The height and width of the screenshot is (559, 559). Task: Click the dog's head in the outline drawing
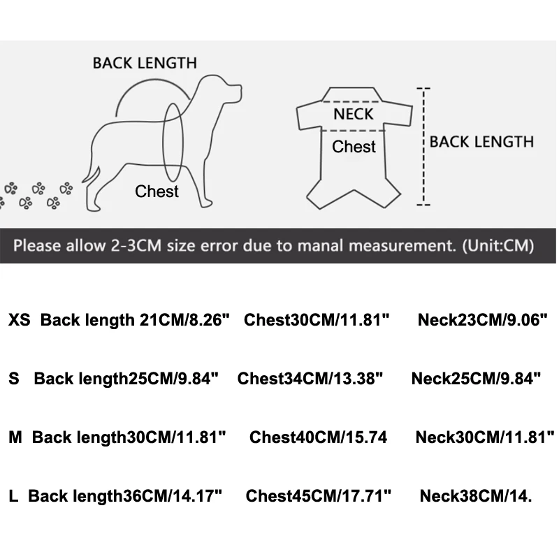(222, 90)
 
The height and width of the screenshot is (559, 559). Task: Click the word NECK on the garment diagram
(353, 114)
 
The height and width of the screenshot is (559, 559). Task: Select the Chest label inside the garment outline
(354, 147)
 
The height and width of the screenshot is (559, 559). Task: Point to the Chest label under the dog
(157, 191)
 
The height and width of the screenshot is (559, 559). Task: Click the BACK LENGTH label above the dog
(145, 63)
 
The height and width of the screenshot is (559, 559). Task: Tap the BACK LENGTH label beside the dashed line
(481, 142)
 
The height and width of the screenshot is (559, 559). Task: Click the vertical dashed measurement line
(423, 147)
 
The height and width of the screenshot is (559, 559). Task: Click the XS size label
(19, 321)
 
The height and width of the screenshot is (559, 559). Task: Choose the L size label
(13, 497)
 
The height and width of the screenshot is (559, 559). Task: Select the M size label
(15, 438)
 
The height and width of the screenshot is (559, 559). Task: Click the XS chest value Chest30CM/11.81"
(316, 321)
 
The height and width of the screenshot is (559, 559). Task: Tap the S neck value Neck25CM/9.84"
(477, 379)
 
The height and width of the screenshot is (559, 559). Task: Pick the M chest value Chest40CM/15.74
(318, 438)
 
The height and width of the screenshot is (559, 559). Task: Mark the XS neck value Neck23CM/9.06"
(482, 321)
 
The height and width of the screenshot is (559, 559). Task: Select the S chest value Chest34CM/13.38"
(310, 379)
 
